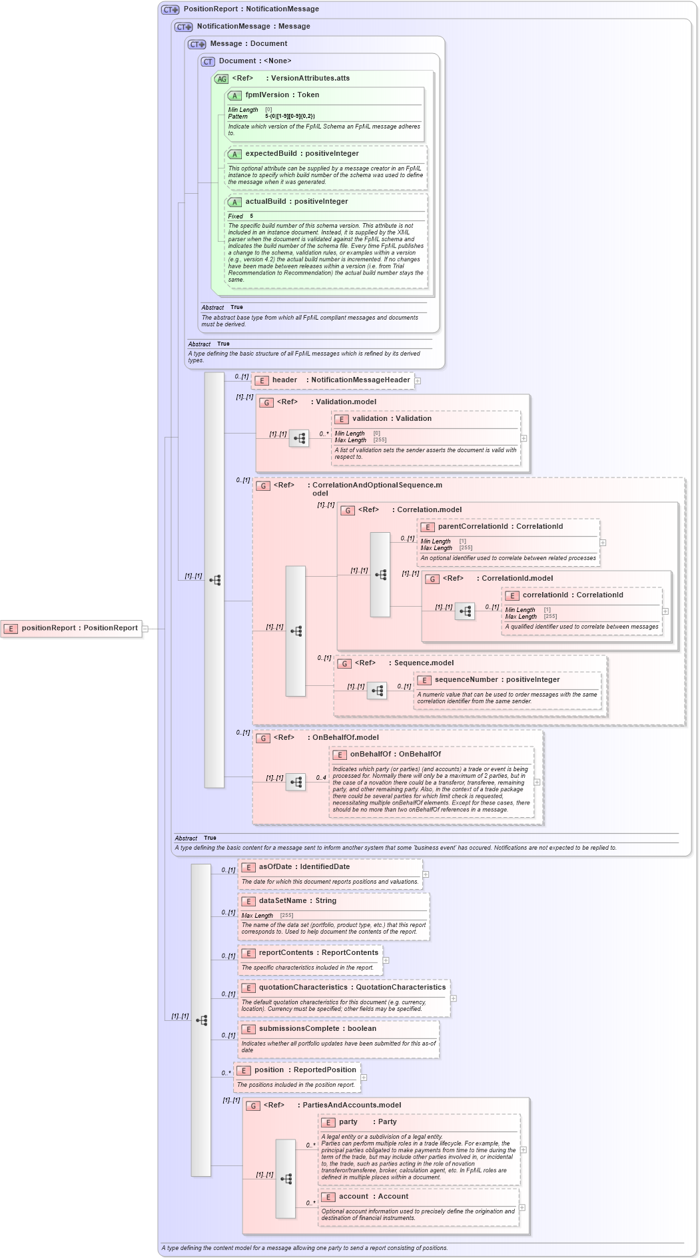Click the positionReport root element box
(x=71, y=628)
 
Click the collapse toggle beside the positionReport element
(x=145, y=628)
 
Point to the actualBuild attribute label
(x=296, y=202)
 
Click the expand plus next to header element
(x=418, y=381)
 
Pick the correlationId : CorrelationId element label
(x=572, y=595)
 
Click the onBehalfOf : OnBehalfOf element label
(x=395, y=755)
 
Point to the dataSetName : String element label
(x=297, y=901)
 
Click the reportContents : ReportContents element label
(x=318, y=953)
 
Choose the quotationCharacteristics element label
(x=352, y=988)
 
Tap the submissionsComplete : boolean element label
(x=317, y=1029)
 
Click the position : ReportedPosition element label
(x=304, y=1070)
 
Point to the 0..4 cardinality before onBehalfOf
(x=321, y=778)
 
